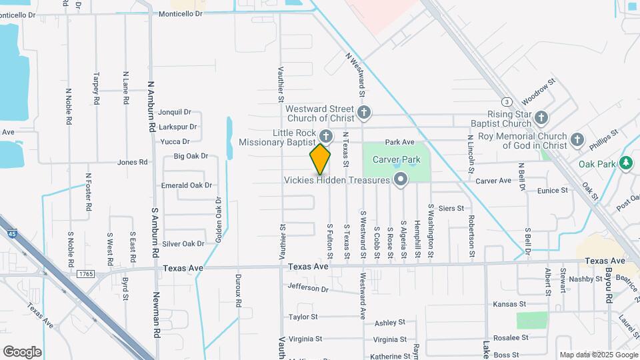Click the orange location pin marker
pos(320,159)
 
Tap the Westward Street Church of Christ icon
pos(363,113)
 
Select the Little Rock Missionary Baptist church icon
pos(325,136)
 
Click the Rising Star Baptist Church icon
pos(541,118)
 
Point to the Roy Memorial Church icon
pos(577,141)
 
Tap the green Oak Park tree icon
pos(625,163)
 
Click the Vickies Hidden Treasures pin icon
pos(401,180)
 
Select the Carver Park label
pos(396,160)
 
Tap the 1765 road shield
pos(85,274)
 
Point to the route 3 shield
pos(507,101)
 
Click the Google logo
pos(22,352)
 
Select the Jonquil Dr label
pos(175,113)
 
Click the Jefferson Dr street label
pos(308,289)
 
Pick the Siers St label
pos(451,209)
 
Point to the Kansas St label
pos(505,304)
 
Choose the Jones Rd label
pos(132,162)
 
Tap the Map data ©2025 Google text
pos(598,355)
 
